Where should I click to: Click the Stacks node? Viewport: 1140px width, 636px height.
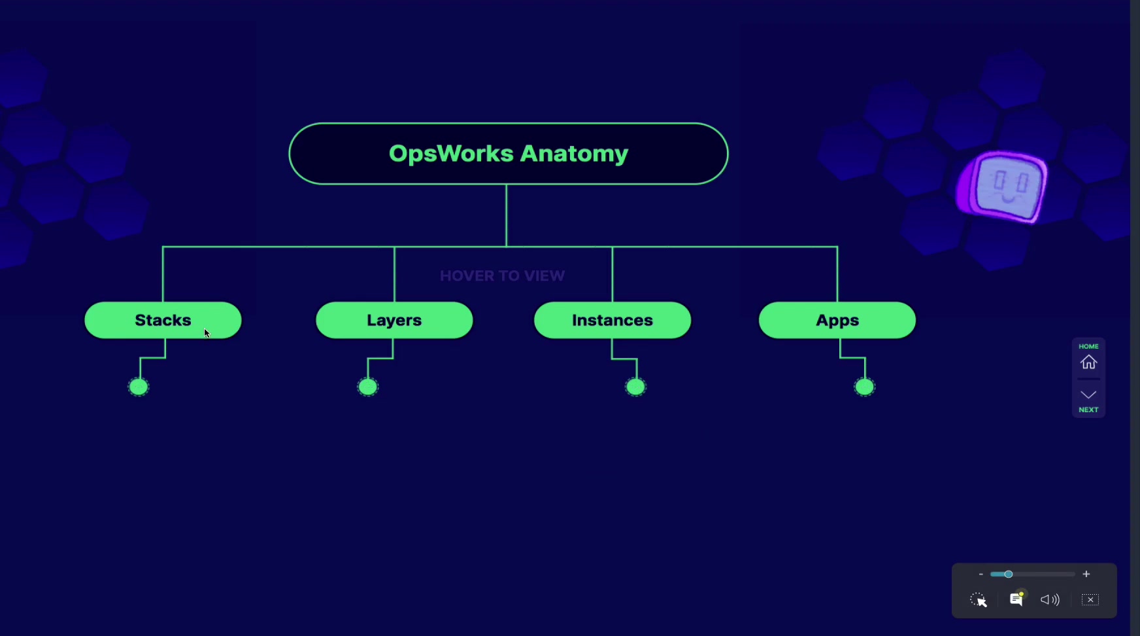(163, 320)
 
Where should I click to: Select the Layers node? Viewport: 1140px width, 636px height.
(394, 320)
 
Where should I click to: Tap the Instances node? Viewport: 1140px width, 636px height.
(612, 320)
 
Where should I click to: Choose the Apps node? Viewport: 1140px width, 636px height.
(837, 320)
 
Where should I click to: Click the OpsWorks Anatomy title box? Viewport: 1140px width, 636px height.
(509, 154)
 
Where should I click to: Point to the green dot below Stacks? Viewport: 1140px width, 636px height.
(139, 387)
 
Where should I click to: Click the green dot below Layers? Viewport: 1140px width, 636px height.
(368, 387)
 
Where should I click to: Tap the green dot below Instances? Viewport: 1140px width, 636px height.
(635, 387)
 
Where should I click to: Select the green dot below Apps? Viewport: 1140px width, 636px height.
(865, 387)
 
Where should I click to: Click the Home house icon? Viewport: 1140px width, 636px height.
(1089, 362)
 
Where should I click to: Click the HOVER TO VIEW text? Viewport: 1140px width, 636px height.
(502, 275)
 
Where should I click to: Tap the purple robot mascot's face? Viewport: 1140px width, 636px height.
(1003, 186)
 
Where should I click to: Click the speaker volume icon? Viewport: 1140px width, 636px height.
(1050, 600)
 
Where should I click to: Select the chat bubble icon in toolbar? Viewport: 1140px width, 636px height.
(1017, 599)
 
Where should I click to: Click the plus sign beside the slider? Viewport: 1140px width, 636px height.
(1086, 574)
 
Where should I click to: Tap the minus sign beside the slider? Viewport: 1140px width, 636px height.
(981, 574)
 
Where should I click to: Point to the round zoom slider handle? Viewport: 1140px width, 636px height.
(1009, 574)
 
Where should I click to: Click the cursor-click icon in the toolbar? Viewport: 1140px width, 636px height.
(979, 600)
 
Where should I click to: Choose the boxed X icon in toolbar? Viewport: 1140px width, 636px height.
(1090, 599)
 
